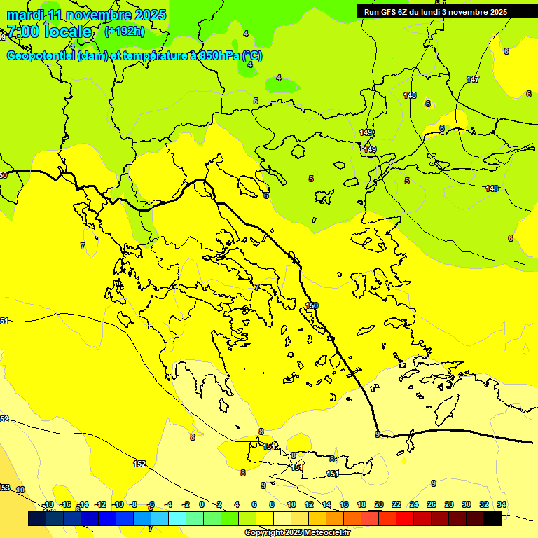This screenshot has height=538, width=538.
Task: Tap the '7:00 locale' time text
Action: click(x=49, y=32)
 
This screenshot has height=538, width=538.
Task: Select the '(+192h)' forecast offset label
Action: click(x=125, y=31)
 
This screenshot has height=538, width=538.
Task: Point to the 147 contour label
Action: click(x=473, y=79)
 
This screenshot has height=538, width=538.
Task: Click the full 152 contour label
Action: click(x=140, y=464)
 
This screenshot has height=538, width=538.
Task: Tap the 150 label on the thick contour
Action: click(x=312, y=305)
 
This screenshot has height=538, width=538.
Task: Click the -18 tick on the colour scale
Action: click(x=48, y=504)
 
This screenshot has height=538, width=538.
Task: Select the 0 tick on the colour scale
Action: click(x=202, y=504)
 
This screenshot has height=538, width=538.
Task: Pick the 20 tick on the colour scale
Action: click(x=378, y=504)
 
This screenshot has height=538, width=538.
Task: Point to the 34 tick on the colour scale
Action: click(x=502, y=504)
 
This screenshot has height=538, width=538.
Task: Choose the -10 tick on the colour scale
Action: click(x=118, y=504)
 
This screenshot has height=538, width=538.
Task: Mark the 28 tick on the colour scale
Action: click(x=449, y=504)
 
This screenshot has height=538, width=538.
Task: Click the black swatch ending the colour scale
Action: click(x=492, y=518)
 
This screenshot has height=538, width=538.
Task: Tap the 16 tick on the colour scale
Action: click(x=343, y=504)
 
